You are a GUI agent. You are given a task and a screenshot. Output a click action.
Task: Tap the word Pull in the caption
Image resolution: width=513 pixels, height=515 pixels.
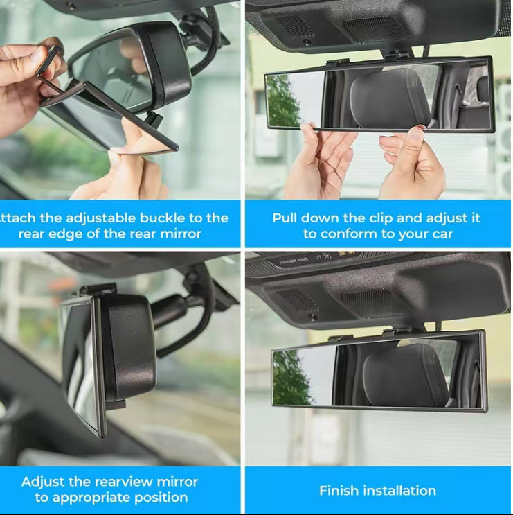pos(285,218)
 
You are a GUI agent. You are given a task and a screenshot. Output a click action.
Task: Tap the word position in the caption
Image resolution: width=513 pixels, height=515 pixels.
pos(163,498)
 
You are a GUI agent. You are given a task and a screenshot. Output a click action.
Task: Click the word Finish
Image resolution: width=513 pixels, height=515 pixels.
pos(338,490)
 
